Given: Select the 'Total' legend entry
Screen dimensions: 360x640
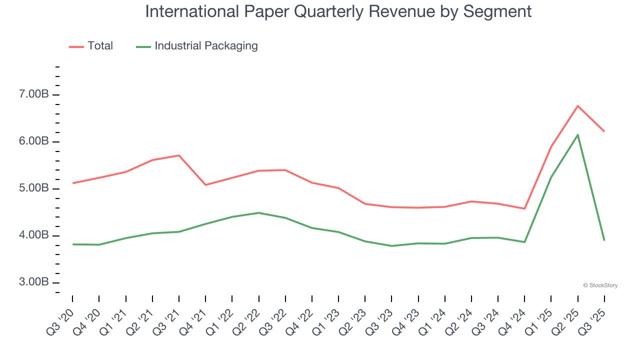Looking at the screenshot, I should tap(100, 46).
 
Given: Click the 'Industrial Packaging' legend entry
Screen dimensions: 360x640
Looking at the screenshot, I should tap(205, 46).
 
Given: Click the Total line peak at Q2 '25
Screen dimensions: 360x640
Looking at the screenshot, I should tap(577, 105).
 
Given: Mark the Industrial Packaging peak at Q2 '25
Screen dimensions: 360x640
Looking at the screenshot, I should tap(577, 134).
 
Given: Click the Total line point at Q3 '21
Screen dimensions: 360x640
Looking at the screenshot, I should tap(179, 155).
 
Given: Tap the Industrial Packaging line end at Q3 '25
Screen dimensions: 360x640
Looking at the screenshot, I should tap(604, 240).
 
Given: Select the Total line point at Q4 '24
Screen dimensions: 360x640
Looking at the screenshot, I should tap(524, 208).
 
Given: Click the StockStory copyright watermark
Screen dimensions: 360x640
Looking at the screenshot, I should tap(600, 285).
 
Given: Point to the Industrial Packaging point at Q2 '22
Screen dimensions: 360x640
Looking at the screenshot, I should tap(258, 213).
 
